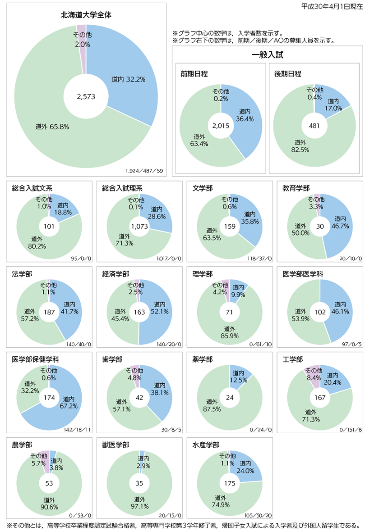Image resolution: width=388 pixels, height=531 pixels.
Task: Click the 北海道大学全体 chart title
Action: tap(86, 15)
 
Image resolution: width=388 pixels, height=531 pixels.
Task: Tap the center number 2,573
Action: tap(86, 97)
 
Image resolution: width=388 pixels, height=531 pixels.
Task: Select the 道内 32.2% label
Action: tap(128, 80)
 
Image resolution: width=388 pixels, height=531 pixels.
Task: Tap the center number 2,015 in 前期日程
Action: tap(221, 127)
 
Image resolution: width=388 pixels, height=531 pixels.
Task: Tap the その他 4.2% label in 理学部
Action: tap(220, 288)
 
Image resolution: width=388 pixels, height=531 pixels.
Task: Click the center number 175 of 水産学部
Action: tap(230, 483)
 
